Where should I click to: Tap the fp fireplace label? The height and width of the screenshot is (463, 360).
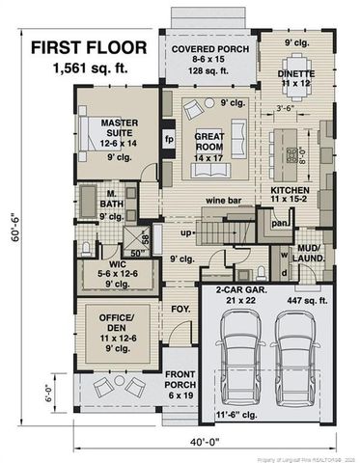point(170,137)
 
